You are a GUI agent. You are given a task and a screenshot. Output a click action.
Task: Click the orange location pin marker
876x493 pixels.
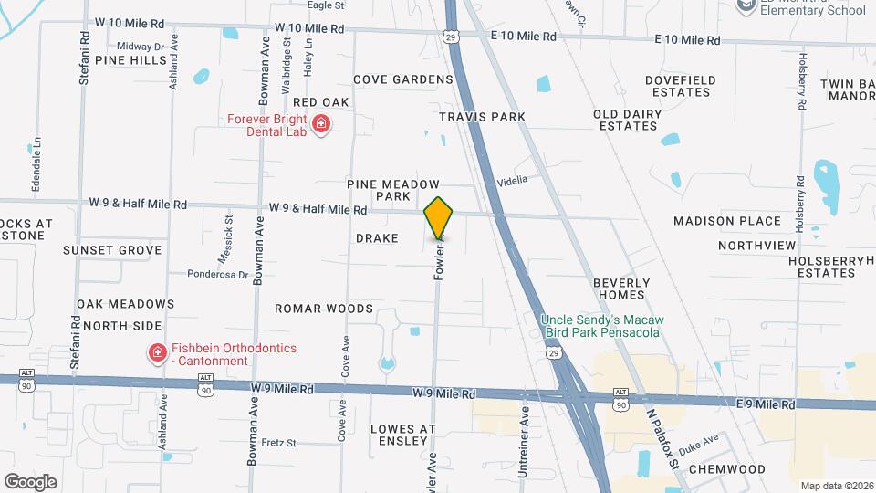click(x=439, y=218)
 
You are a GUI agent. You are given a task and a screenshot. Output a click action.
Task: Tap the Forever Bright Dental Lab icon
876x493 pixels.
click(x=320, y=124)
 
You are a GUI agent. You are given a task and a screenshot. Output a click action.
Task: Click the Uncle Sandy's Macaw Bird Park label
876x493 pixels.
click(x=602, y=324)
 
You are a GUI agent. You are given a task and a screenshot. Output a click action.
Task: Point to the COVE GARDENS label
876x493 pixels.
click(x=403, y=79)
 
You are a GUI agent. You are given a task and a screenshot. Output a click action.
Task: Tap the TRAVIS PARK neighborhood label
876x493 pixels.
click(x=482, y=117)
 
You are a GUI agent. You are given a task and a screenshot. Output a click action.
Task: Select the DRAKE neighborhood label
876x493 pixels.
click(x=377, y=238)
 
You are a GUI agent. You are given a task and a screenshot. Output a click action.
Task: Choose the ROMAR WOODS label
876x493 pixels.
click(x=324, y=309)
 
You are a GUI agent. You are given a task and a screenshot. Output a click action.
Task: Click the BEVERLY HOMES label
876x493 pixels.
click(x=621, y=288)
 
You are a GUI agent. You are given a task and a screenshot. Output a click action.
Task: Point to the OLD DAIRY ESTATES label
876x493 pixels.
click(x=625, y=120)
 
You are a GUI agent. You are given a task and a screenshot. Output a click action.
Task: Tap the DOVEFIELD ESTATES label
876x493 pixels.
click(x=679, y=86)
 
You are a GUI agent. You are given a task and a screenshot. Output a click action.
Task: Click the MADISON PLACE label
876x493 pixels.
click(x=726, y=221)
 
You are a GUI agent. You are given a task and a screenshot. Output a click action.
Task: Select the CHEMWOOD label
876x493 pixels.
click(x=727, y=468)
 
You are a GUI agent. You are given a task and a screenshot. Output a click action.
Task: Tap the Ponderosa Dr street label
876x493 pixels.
click(x=218, y=273)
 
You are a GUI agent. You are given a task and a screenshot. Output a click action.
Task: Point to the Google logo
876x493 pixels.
click(x=30, y=481)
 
